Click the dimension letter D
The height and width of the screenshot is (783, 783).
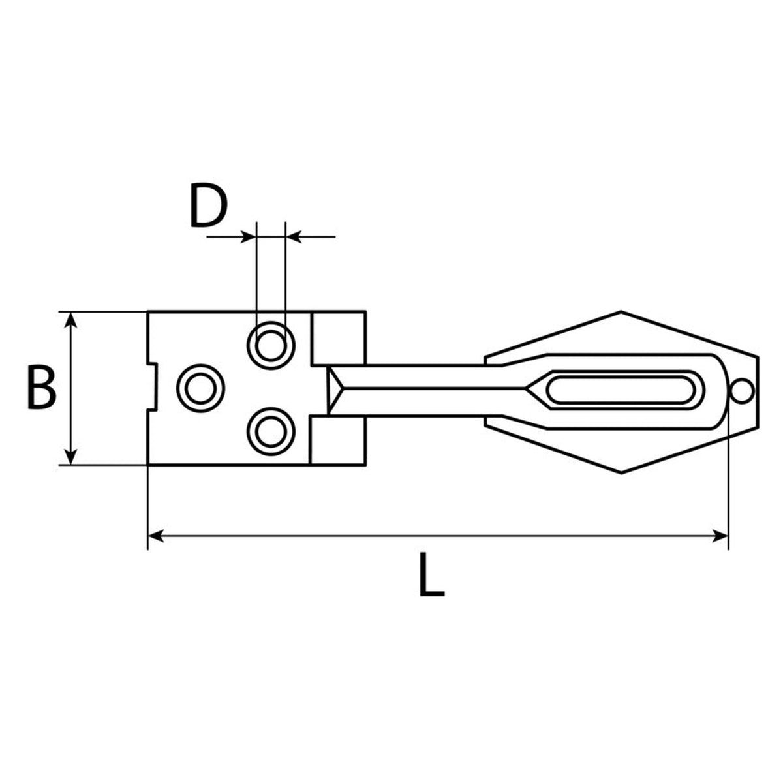pos(208,205)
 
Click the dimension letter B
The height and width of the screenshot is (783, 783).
pos(42,387)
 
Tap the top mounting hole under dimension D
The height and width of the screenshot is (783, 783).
pos(271,346)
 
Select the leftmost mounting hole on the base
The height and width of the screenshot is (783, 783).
pos(201,388)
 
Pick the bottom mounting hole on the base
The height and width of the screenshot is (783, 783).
pos(271,431)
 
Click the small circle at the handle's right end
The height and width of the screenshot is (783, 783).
pos(742,391)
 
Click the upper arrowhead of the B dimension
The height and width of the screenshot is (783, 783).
pos(71,320)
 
